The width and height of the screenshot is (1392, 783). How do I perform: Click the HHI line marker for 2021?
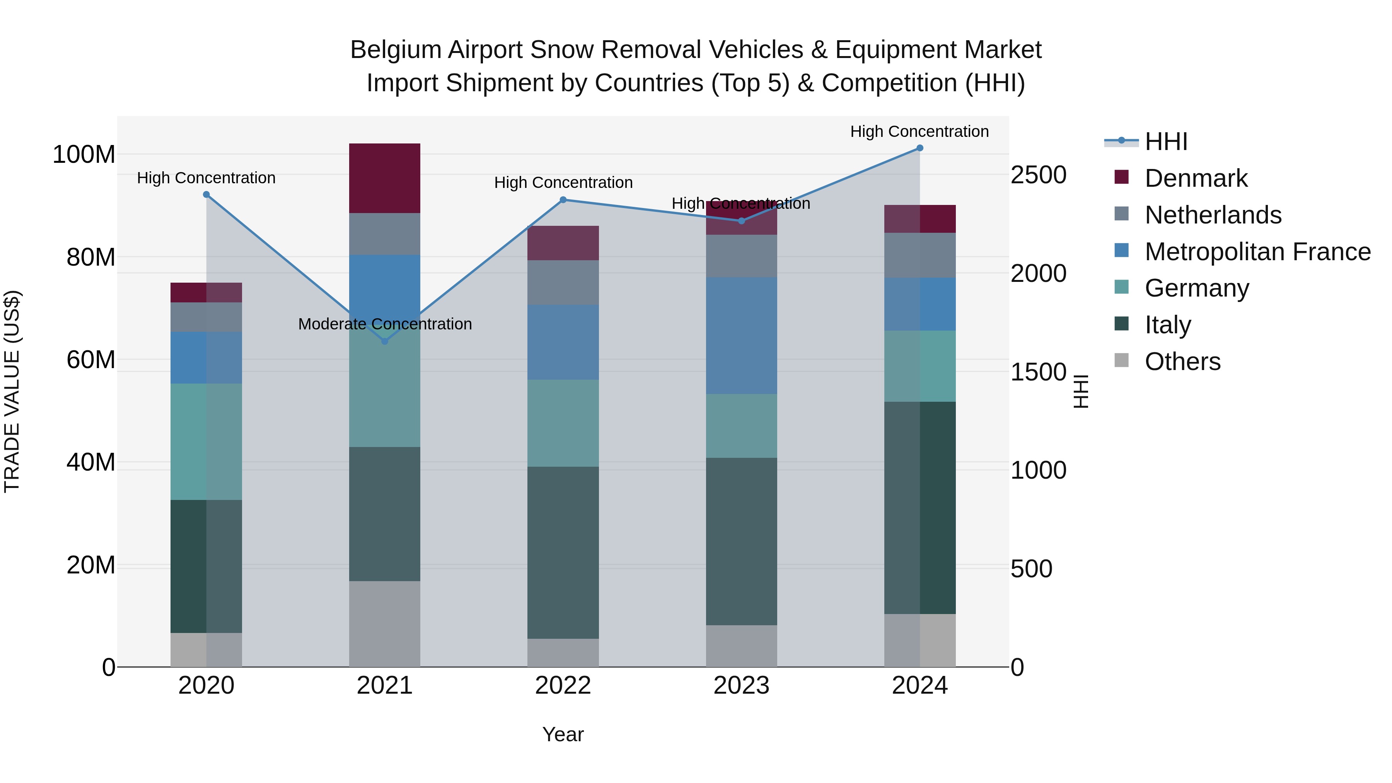pos(385,341)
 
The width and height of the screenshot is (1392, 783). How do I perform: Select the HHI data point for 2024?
pos(920,148)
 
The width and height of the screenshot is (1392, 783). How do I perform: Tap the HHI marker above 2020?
pos(206,194)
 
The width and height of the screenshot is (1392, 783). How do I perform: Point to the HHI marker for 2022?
pos(563,200)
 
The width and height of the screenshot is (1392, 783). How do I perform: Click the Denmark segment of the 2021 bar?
pos(385,178)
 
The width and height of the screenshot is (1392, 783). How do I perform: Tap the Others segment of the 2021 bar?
pos(385,624)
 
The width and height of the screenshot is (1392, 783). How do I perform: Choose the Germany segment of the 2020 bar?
pos(206,442)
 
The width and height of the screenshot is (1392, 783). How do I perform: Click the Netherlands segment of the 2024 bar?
pos(920,255)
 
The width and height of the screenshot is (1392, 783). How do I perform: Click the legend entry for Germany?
pos(1196,288)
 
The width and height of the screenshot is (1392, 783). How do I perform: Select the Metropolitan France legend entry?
pos(1257,252)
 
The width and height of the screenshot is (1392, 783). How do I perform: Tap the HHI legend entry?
pos(1165,142)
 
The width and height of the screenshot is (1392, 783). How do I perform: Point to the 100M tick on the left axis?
pos(84,155)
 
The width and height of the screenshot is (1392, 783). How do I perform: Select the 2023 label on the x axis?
pos(741,686)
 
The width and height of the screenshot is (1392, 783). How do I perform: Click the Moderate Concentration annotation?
pos(385,324)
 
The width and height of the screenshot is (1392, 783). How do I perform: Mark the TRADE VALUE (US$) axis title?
pos(12,391)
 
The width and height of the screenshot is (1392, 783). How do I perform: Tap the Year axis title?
pos(563,734)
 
